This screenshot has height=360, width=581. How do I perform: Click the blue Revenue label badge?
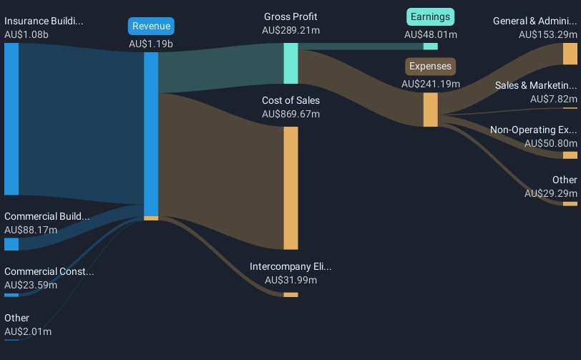coord(151,26)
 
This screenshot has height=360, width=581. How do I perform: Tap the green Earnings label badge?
coord(431,16)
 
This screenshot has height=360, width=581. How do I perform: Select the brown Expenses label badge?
coord(431,67)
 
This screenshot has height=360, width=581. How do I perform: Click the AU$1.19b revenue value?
coord(151,44)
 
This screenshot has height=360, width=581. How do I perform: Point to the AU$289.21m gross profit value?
coord(290,31)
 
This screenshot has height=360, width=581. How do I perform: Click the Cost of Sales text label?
coord(290,100)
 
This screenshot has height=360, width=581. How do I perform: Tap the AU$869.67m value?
coord(290,114)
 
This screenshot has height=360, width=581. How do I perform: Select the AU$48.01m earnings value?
coord(431,34)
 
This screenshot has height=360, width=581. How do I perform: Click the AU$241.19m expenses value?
coord(431,84)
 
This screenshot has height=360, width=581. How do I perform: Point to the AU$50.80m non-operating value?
coord(550,143)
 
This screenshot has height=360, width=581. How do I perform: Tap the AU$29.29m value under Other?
coord(550,193)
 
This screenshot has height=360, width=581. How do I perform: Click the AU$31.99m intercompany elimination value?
coord(290,280)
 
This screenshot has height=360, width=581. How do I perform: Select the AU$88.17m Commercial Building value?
coord(31,230)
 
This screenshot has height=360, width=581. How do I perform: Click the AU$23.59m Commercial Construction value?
coord(31,285)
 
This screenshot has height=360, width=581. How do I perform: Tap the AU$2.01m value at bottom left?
coord(28,331)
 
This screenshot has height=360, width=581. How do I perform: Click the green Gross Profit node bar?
coord(290,63)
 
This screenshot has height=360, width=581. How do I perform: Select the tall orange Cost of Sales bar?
coord(290,188)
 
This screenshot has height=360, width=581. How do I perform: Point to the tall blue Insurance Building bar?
coord(11,118)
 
